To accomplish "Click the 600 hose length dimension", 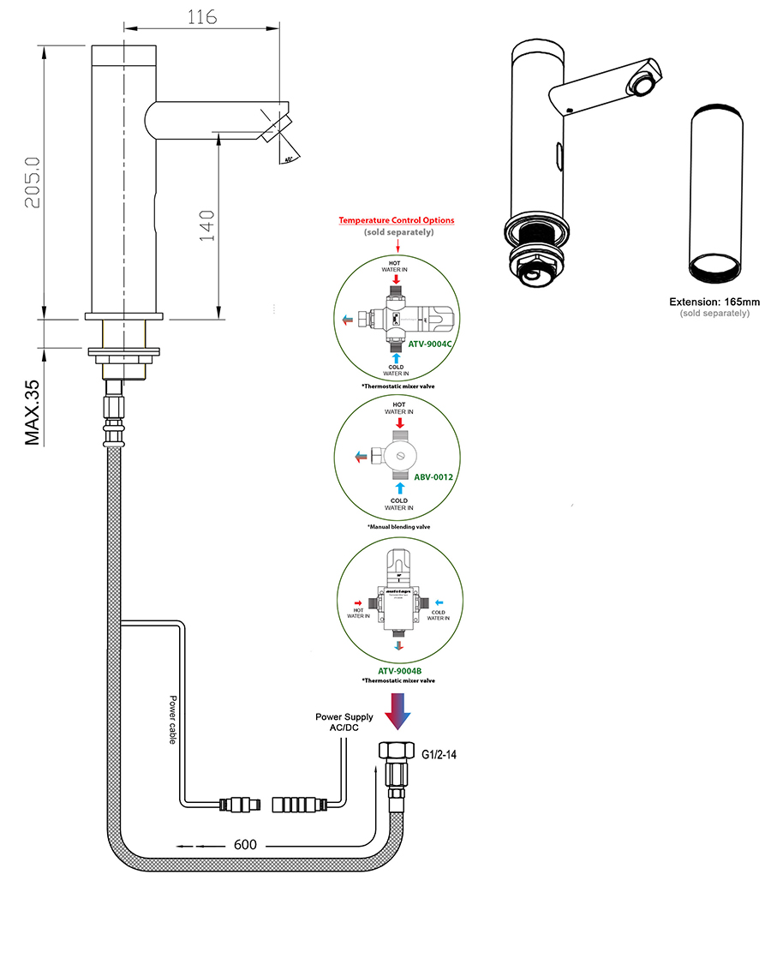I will pyautogui.click(x=246, y=845).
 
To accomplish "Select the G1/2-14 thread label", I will pyautogui.click(x=439, y=755).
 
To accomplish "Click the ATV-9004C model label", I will pyautogui.click(x=429, y=344).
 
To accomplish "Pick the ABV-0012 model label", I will pyautogui.click(x=433, y=476).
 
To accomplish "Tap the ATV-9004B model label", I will pyautogui.click(x=398, y=671).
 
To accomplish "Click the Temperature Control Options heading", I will pyautogui.click(x=397, y=220).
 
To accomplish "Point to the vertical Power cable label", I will pyautogui.click(x=173, y=719).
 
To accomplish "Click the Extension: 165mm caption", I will pyautogui.click(x=714, y=302).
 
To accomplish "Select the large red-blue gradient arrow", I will pyautogui.click(x=398, y=710).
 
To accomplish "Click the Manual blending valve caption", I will pyautogui.click(x=399, y=526).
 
